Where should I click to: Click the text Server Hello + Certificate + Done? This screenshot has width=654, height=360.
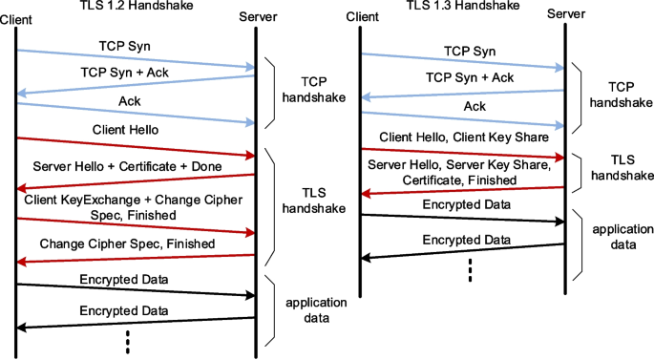127,167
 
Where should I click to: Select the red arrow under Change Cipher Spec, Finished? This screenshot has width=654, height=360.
136,258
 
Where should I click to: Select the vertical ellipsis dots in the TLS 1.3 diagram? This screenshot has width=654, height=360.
471,270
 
